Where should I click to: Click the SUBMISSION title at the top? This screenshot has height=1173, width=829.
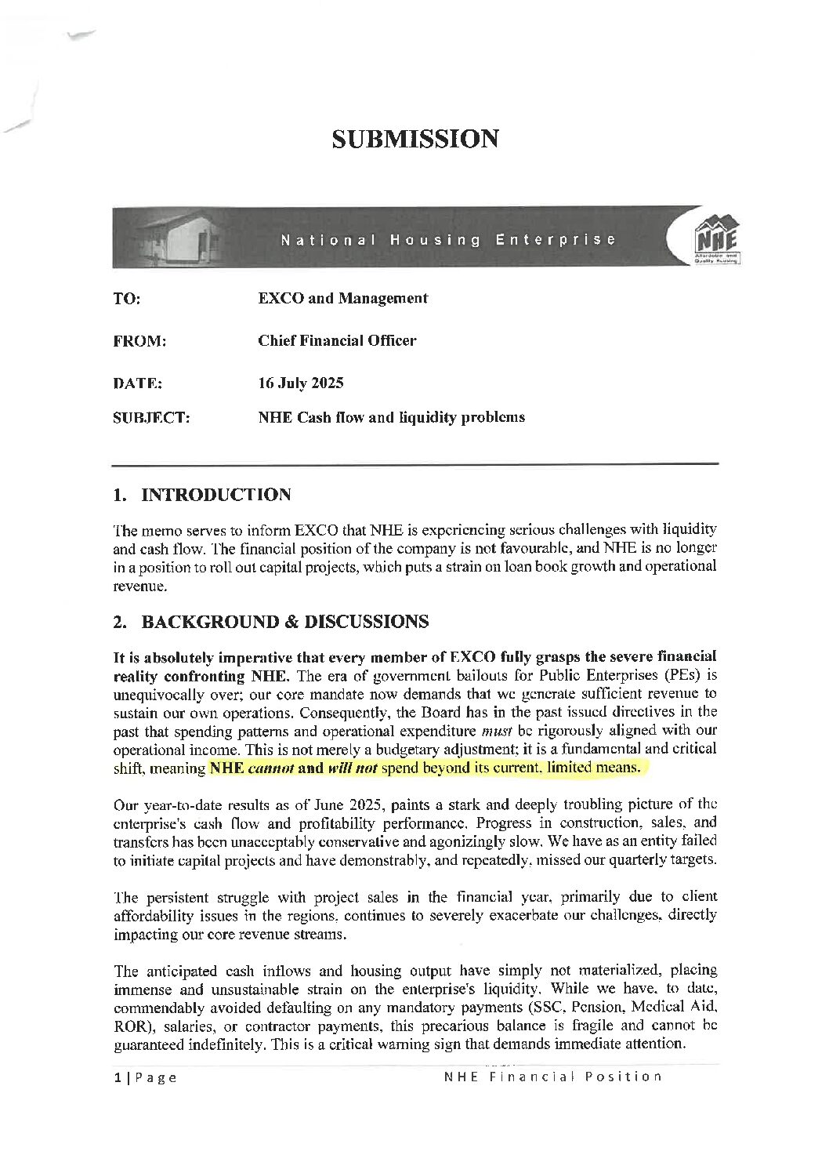(414, 139)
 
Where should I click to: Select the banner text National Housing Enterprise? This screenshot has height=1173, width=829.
(448, 239)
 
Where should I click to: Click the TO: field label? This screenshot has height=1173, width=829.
(127, 299)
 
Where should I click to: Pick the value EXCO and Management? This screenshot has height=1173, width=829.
(342, 298)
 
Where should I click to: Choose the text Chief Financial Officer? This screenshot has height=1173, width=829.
(337, 340)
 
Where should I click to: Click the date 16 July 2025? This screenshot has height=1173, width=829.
(300, 383)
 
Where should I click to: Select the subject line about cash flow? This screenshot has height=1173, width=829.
(391, 417)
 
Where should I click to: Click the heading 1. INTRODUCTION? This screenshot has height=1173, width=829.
(202, 495)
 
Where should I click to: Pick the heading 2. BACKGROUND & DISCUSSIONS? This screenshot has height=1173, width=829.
(270, 622)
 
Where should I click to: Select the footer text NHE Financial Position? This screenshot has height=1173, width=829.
(552, 1077)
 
